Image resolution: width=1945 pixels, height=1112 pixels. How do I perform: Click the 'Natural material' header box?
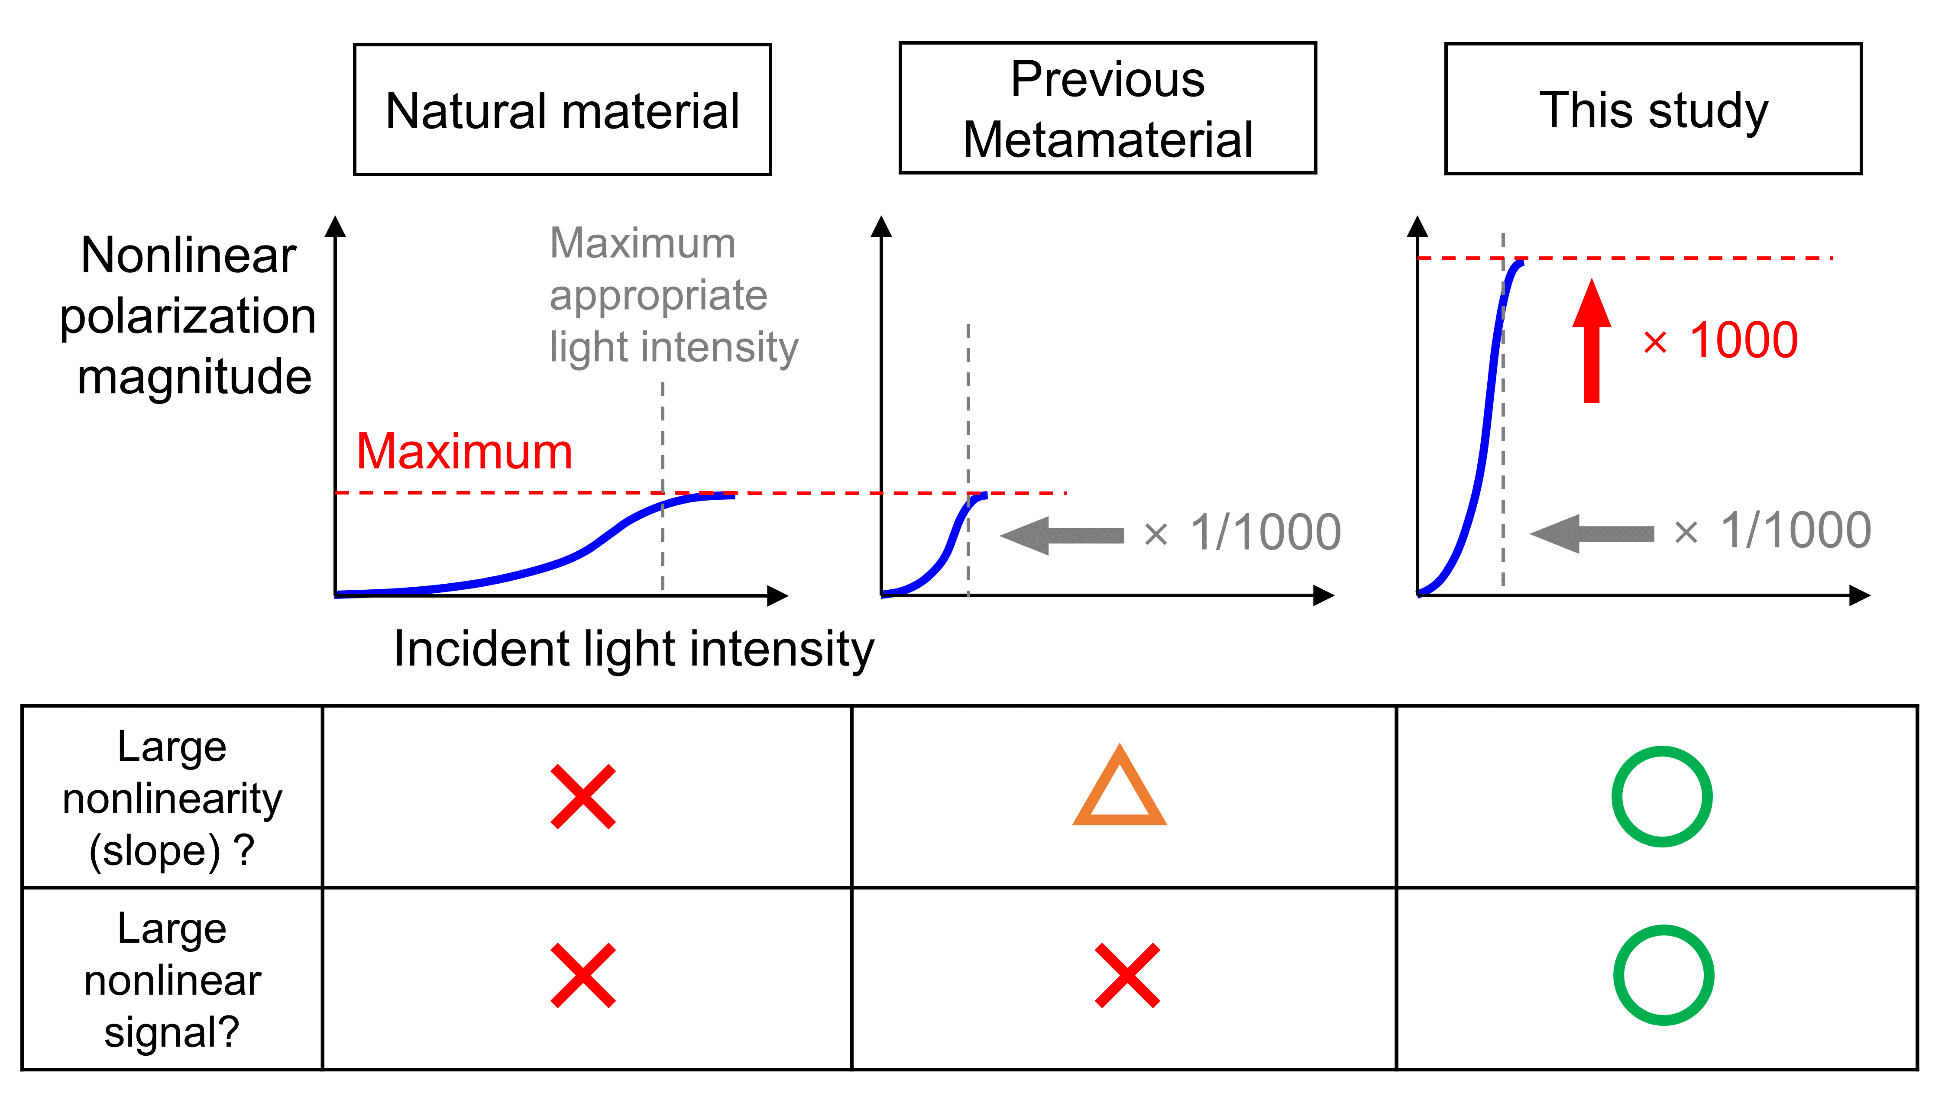(x=562, y=110)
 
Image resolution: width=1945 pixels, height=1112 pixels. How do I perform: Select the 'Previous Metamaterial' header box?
(x=1107, y=108)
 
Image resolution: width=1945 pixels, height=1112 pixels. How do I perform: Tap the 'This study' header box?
(x=1653, y=109)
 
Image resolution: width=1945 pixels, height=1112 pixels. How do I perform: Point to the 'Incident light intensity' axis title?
(x=634, y=649)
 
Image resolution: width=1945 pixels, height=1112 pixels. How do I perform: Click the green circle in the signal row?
(x=1663, y=975)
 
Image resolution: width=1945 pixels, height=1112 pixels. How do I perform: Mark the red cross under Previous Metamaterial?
(x=1127, y=975)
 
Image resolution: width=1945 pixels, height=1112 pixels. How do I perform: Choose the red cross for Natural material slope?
(x=583, y=797)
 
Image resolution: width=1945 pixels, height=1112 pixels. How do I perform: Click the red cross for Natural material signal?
(x=583, y=975)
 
